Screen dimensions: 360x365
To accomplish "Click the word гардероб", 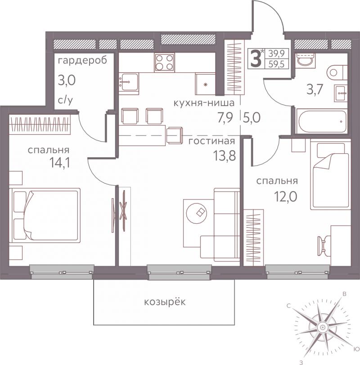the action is coord(82,61).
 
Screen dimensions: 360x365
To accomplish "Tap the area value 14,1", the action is coord(60,162).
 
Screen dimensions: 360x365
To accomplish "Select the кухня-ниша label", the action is coord(204,102).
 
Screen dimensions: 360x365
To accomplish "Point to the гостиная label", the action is coord(211,141).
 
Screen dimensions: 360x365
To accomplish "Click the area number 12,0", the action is coord(285,197).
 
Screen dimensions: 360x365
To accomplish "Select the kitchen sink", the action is coord(129,82).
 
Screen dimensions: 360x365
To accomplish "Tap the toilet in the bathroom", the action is coord(337,72).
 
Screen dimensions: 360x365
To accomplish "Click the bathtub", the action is coord(321,121).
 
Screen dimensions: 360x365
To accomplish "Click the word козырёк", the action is coord(165,302).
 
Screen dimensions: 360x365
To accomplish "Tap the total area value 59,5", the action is coord(277,64).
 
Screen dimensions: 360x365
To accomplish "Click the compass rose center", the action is coord(323,327).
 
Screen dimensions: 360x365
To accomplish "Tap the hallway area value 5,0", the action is coord(252,118).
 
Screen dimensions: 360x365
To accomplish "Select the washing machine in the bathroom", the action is coord(305,61).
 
